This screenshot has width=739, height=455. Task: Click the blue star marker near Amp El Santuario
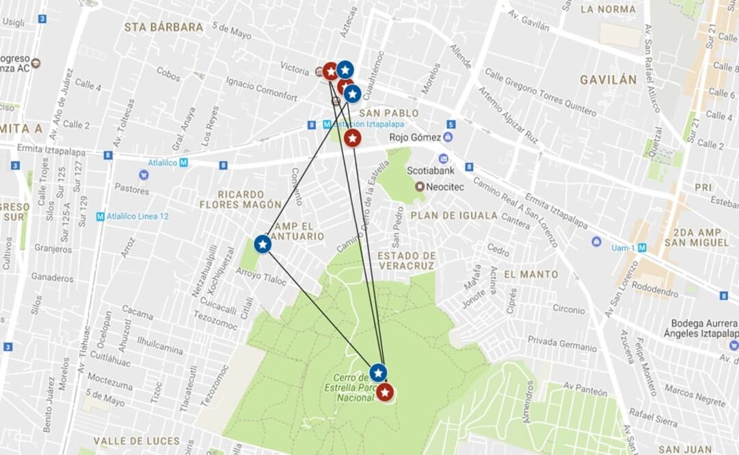263,244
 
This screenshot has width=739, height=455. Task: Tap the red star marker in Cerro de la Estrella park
385,392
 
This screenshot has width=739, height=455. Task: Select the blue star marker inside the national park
378,372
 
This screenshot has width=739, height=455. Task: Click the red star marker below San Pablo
352,138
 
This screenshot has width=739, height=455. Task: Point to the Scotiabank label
429,171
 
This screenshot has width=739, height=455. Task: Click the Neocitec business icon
419,187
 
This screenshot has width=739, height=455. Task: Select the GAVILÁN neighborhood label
608,80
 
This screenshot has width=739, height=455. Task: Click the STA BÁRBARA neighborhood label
163,27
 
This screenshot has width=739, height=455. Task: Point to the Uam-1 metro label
623,248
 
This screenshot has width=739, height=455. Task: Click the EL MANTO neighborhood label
531,274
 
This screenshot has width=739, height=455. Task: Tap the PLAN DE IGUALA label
454,215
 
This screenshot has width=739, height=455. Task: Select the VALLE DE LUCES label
137,441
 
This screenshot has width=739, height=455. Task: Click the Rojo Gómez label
415,137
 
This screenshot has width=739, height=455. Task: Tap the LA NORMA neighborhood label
608,10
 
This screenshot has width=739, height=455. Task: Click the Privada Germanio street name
562,344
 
